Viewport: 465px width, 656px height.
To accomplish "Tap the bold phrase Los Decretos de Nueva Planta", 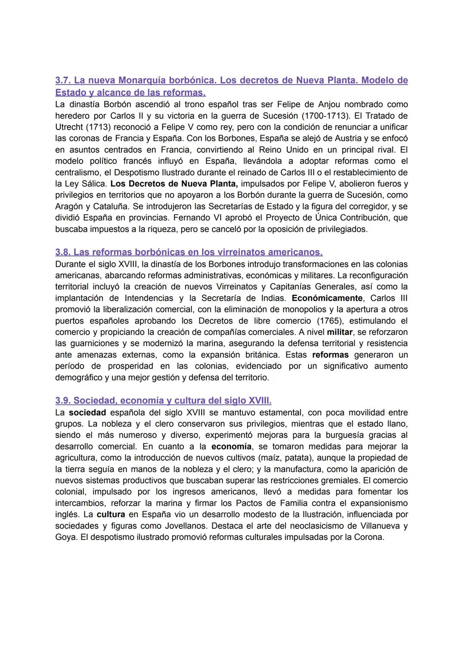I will pos(174,184).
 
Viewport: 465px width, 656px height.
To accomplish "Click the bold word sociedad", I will pos(87,413).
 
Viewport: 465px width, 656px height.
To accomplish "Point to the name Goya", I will pos(65,537).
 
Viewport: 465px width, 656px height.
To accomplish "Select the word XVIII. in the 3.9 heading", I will pos(260,400).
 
